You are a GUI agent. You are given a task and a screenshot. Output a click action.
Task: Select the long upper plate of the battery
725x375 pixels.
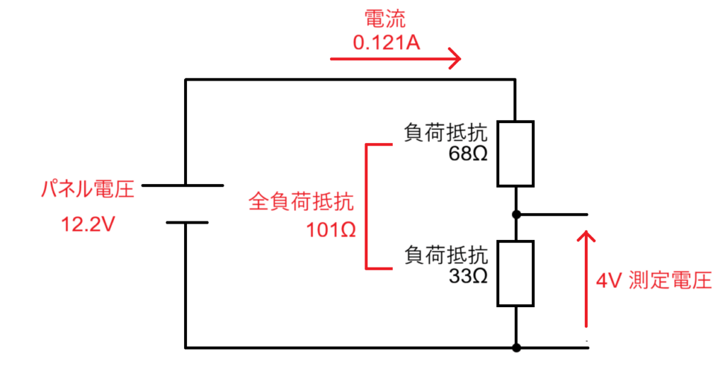pos(183,185)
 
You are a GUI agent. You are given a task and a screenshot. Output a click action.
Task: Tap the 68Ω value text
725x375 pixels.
pos(468,154)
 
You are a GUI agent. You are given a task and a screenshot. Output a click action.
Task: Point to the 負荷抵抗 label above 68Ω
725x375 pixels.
pos(446,133)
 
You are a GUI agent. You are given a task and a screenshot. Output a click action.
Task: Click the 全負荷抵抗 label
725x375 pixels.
pos(300,203)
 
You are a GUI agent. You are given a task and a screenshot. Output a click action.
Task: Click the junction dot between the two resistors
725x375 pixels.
pos(517,214)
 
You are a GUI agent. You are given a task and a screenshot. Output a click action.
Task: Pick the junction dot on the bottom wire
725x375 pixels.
pos(517,347)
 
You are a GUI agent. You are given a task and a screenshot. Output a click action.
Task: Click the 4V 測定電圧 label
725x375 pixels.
pos(653,281)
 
